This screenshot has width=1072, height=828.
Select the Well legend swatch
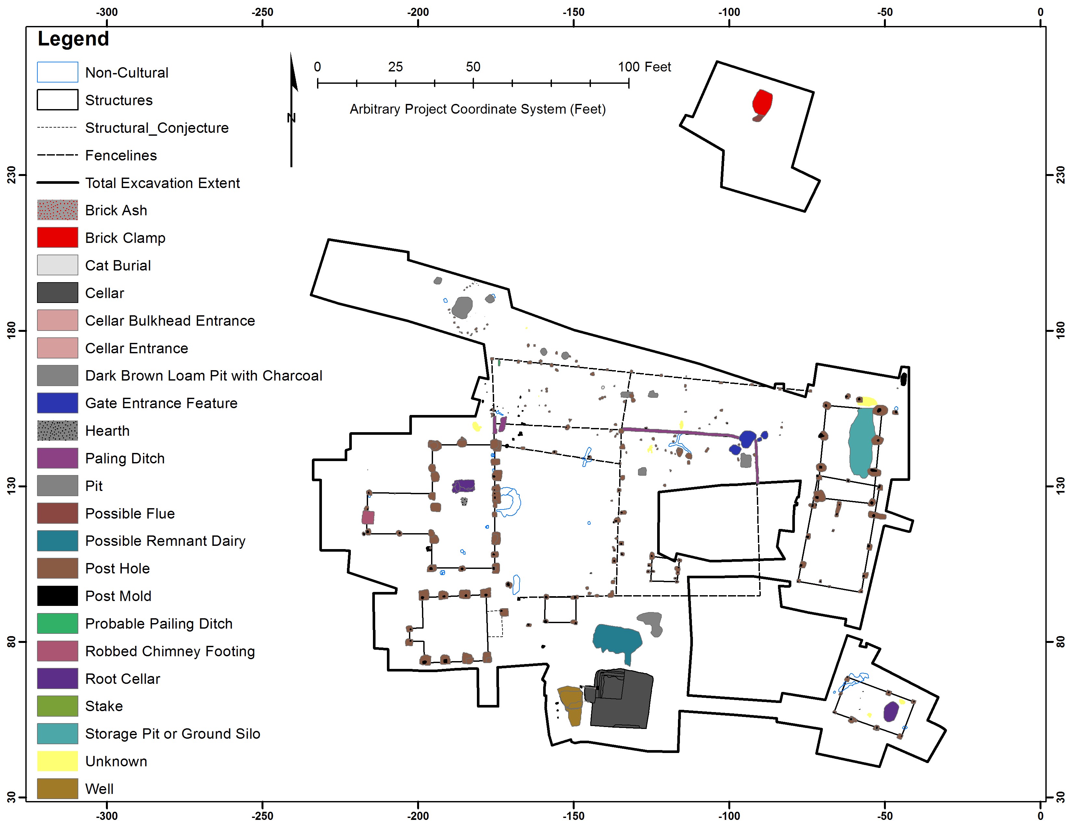pos(57,788)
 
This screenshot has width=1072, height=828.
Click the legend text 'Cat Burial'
pos(118,265)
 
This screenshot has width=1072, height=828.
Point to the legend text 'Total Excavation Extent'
pos(162,183)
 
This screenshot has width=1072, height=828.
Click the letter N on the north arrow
pos(291,118)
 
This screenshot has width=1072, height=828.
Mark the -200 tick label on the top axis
pos(418,12)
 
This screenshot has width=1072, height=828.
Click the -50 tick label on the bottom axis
pos(885,816)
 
